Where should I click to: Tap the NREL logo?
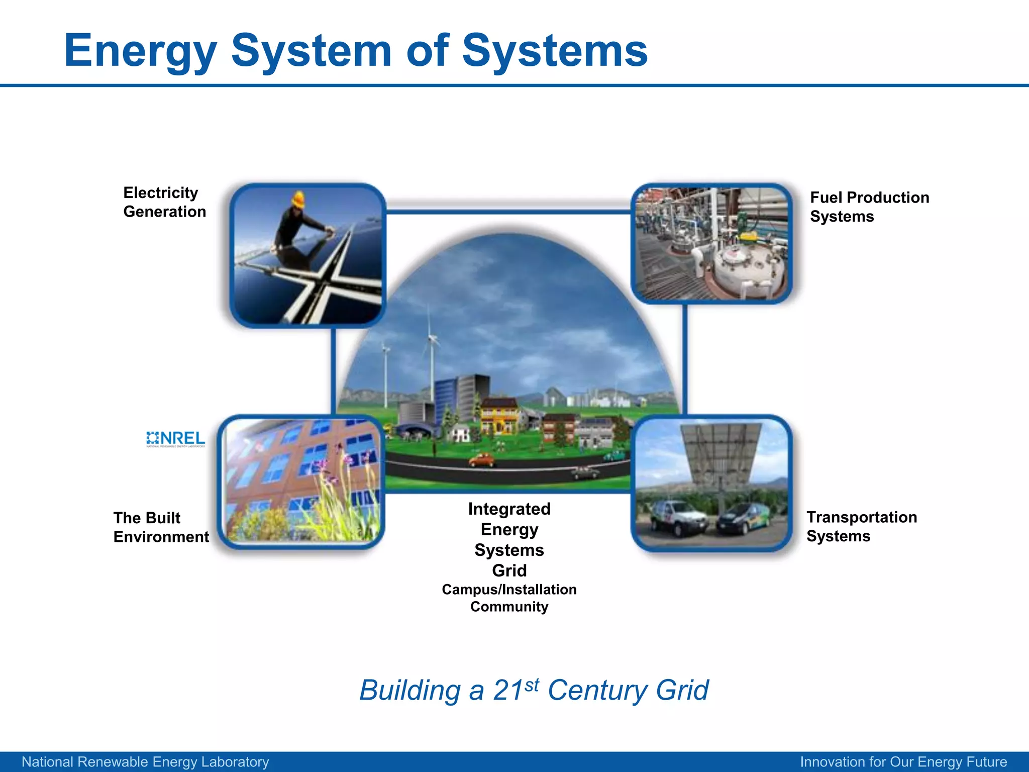(x=175, y=439)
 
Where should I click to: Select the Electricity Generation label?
(x=164, y=202)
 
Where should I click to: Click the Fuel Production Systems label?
(x=869, y=207)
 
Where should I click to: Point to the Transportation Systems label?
(x=861, y=526)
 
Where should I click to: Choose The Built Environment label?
(x=161, y=527)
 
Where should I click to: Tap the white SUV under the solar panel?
(x=678, y=518)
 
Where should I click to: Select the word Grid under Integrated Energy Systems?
(x=509, y=570)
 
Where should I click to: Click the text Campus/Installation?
(x=509, y=589)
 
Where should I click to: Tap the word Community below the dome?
(x=509, y=607)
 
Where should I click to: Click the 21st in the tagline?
(x=516, y=690)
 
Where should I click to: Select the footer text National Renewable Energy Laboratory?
(x=145, y=762)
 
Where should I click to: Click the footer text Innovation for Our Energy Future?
(x=903, y=762)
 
